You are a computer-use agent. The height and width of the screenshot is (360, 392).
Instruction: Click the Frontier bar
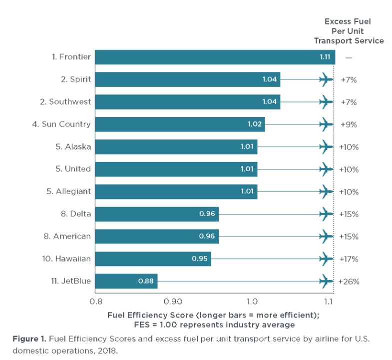point(215,57)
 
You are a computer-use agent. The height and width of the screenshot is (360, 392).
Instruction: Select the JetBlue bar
point(126,281)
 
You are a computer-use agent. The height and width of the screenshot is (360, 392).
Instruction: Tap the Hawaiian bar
point(153,259)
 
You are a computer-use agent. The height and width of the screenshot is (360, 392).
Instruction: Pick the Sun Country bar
point(180,124)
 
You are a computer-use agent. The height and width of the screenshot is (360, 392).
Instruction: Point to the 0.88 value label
point(146,281)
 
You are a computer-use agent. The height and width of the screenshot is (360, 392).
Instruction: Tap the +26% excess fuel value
point(349,281)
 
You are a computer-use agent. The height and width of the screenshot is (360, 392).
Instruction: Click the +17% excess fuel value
point(349,259)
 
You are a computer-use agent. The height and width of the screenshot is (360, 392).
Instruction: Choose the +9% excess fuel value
point(349,124)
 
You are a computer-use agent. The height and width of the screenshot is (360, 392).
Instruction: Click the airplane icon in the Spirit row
point(326,79)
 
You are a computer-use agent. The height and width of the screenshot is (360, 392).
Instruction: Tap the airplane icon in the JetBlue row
point(326,281)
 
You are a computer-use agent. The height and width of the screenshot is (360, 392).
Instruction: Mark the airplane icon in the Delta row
point(326,214)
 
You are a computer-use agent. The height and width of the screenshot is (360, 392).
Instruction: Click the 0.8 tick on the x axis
point(95,301)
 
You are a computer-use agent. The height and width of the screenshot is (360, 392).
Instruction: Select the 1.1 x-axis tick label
point(329,301)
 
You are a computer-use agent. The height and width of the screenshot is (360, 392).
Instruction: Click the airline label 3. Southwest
point(65,101)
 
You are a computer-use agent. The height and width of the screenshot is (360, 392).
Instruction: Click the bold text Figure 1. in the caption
point(30,339)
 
